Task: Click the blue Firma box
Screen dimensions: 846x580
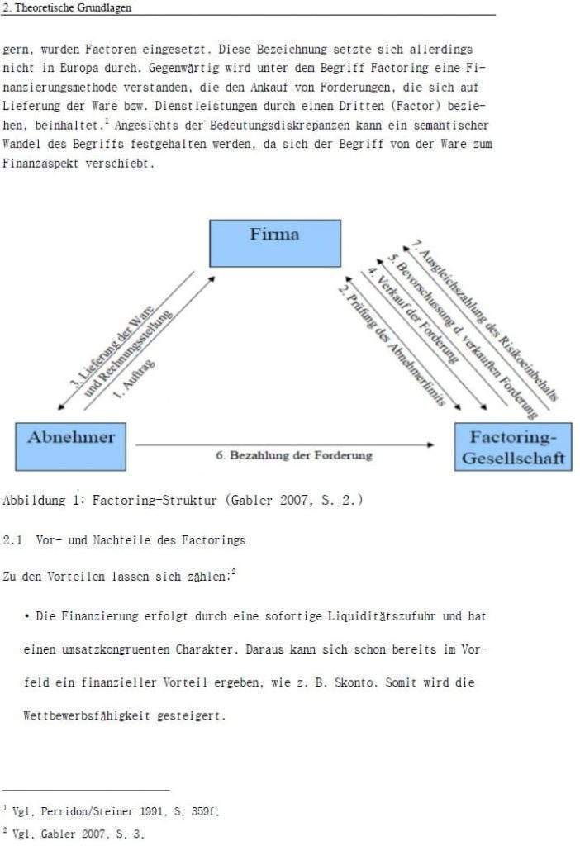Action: click(274, 243)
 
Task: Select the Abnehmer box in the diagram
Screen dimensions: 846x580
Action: click(71, 446)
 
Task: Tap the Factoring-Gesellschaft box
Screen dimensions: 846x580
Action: click(512, 447)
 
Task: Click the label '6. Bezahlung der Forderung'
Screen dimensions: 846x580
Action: click(294, 455)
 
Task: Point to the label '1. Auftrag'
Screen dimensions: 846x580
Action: click(132, 378)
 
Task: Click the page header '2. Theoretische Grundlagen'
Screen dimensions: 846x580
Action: click(68, 7)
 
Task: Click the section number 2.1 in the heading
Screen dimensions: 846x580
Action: click(12, 540)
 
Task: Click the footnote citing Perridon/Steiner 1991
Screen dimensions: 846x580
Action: click(112, 811)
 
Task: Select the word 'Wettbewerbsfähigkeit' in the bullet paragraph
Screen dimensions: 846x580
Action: click(88, 715)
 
